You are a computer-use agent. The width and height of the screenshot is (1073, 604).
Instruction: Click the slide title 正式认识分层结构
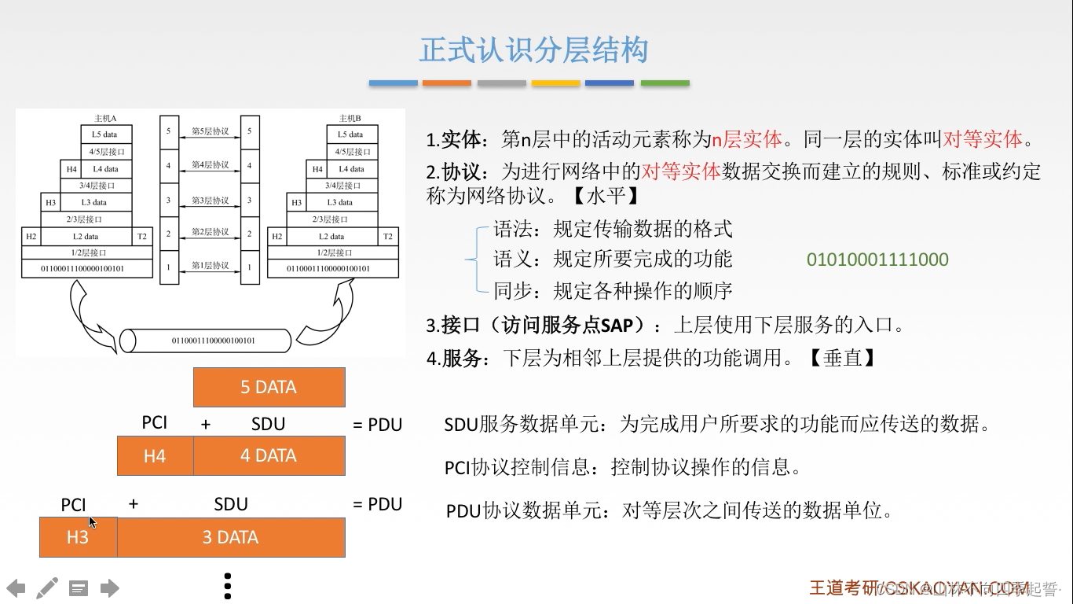click(x=533, y=50)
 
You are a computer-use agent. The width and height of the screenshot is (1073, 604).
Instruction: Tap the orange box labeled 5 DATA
click(x=269, y=387)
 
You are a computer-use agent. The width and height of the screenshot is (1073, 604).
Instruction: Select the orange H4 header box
click(x=155, y=456)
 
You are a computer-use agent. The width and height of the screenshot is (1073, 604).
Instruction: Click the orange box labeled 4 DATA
click(x=269, y=456)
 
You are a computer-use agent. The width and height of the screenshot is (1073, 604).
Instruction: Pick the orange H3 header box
click(x=78, y=537)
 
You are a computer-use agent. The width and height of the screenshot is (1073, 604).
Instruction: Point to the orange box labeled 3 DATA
click(x=231, y=537)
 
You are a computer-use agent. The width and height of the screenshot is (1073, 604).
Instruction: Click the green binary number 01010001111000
click(x=877, y=260)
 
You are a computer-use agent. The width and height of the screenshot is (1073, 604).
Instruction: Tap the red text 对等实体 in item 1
click(x=983, y=140)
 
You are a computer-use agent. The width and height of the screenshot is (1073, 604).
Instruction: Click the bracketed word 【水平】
click(x=603, y=195)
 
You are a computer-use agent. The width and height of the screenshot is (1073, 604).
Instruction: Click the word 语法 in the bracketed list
click(x=513, y=229)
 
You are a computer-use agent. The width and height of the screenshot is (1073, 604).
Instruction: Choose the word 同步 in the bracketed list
click(x=513, y=291)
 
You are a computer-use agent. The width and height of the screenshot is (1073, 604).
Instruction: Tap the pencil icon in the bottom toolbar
click(x=47, y=587)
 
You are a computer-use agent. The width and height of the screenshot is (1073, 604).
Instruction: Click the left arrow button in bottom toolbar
click(x=16, y=587)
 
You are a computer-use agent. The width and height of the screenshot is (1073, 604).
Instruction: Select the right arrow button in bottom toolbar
click(x=110, y=587)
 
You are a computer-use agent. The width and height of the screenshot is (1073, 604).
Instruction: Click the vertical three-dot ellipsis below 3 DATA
click(x=228, y=586)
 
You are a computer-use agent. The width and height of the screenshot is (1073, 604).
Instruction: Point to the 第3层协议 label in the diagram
click(x=210, y=201)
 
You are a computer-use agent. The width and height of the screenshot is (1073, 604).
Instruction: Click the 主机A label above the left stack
click(x=105, y=118)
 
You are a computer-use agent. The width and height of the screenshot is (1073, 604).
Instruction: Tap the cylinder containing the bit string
click(x=206, y=341)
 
